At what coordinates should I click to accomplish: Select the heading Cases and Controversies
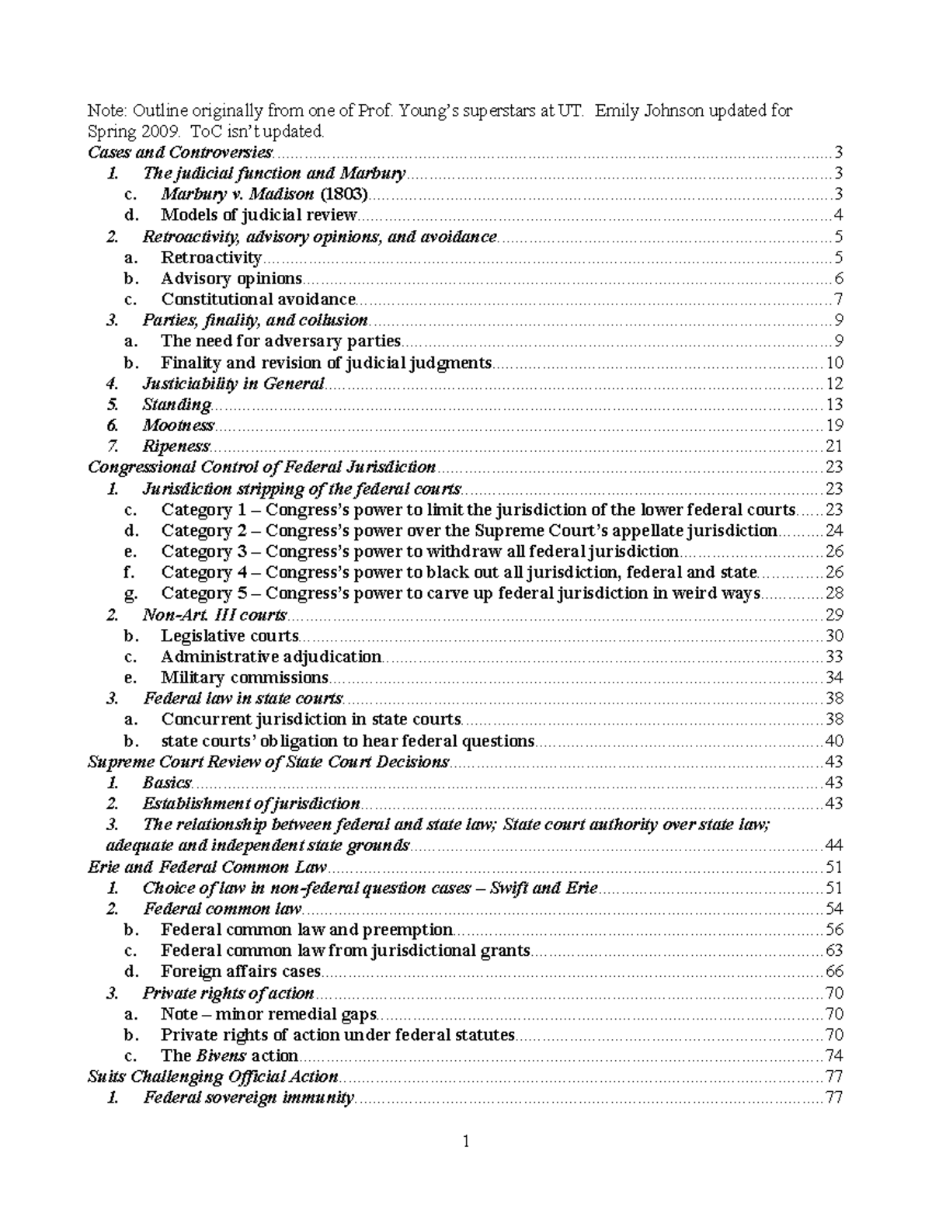(x=180, y=152)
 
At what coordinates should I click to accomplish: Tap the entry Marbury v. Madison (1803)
(x=265, y=194)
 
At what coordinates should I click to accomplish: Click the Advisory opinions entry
(x=231, y=278)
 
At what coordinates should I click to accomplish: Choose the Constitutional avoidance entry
(x=258, y=299)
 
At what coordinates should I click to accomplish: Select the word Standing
(x=176, y=404)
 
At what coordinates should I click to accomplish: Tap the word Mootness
(x=178, y=425)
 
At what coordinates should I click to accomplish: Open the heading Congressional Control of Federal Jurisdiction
(x=262, y=467)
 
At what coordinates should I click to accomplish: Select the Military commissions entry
(x=245, y=677)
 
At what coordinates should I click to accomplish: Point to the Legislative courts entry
(x=229, y=635)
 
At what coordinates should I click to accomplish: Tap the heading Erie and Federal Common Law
(x=207, y=867)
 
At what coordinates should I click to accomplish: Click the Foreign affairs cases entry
(x=241, y=971)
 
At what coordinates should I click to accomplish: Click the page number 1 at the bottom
(x=466, y=1142)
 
